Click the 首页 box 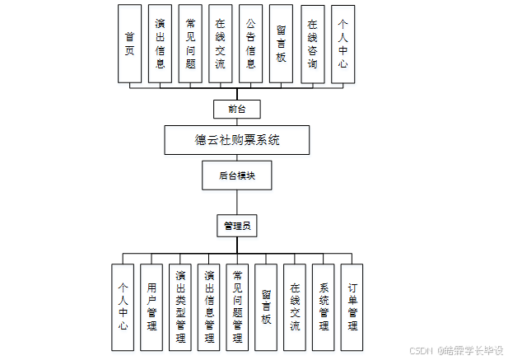[x=129, y=44]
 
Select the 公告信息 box [x=251, y=44]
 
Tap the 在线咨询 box [x=311, y=44]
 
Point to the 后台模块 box [x=236, y=175]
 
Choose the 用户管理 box [x=151, y=307]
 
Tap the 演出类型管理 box [x=180, y=307]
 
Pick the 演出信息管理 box [x=209, y=307]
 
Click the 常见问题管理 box [x=237, y=307]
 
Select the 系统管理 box [x=324, y=307]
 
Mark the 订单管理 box [x=352, y=307]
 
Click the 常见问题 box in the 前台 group [x=190, y=44]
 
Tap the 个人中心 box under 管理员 [x=123, y=307]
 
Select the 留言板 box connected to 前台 [x=281, y=44]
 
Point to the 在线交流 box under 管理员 [x=295, y=307]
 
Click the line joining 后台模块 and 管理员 [x=237, y=201]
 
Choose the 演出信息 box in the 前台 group [x=160, y=44]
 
